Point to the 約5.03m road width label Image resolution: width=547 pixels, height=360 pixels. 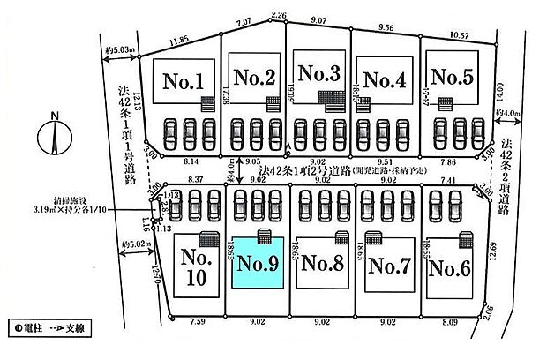(117, 49)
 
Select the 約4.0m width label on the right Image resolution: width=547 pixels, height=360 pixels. (511, 112)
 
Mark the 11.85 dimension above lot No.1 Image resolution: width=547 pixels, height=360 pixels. (180, 40)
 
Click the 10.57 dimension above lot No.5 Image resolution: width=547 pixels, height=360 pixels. (460, 35)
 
